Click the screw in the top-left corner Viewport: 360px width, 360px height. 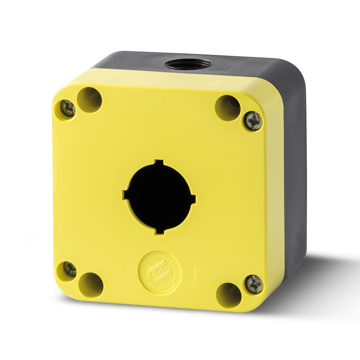(68, 108)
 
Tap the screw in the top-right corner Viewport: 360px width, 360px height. (254, 121)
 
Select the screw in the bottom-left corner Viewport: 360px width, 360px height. (69, 269)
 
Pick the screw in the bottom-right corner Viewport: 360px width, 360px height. (254, 284)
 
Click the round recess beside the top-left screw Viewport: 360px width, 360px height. (89, 100)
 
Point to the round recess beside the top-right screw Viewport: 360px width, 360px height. (227, 108)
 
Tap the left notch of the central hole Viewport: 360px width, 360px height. (125, 194)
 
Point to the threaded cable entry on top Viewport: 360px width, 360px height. (188, 64)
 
